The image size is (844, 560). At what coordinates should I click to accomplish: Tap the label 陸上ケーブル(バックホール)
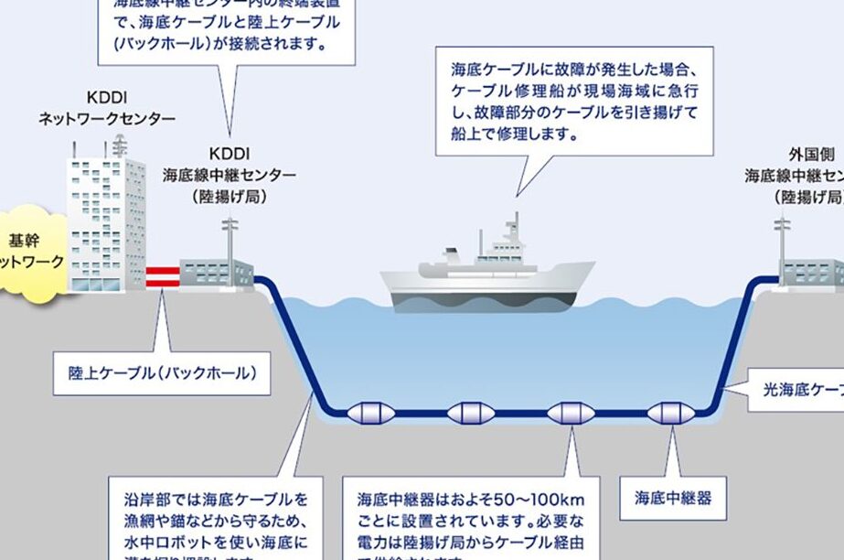pyautogui.click(x=162, y=373)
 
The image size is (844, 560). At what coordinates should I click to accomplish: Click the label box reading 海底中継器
pyautogui.click(x=673, y=499)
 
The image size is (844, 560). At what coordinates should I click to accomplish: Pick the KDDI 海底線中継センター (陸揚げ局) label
pyautogui.click(x=230, y=175)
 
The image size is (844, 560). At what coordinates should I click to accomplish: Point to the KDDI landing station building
pyautogui.click(x=216, y=273)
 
